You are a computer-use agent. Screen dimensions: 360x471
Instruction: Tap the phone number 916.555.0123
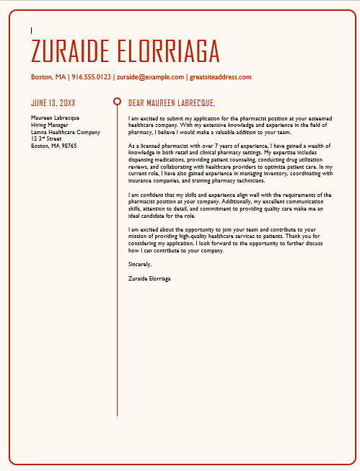click(x=92, y=77)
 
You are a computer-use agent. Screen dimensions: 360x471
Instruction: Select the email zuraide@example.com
click(x=150, y=77)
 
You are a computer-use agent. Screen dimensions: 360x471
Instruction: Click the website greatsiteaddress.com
click(x=220, y=77)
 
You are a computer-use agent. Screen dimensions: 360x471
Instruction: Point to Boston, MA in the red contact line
click(x=48, y=77)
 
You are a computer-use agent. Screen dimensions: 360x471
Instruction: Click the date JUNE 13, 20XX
click(x=53, y=103)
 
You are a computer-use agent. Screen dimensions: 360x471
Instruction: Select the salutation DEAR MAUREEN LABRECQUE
click(x=171, y=103)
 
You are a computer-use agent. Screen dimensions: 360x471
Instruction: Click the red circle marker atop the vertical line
click(x=117, y=102)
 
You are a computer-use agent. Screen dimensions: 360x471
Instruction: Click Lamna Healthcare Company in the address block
click(x=65, y=132)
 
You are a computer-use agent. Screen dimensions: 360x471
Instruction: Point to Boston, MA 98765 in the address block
click(x=53, y=146)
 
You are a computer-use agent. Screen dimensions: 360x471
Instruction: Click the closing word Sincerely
click(x=139, y=264)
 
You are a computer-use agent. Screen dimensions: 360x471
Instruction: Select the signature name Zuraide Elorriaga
click(x=149, y=278)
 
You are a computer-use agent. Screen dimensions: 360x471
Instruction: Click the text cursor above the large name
click(x=32, y=30)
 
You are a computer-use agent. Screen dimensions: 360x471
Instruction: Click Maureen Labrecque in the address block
click(x=55, y=118)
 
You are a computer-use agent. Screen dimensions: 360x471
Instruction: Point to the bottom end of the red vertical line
click(x=117, y=415)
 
